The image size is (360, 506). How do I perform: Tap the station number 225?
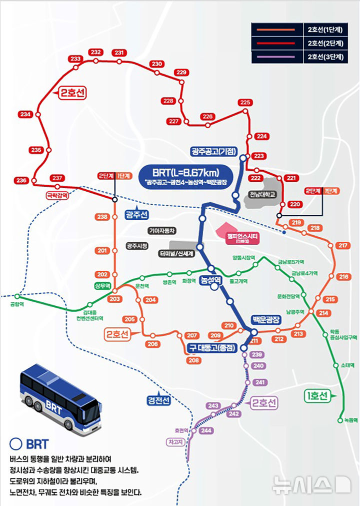[244, 103]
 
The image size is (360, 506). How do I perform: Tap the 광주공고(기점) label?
[213, 151]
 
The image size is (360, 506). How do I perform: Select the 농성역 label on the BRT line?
[210, 280]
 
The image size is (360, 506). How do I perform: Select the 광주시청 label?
[137, 246]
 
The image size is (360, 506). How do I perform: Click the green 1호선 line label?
[317, 396]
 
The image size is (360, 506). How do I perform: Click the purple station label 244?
[205, 431]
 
